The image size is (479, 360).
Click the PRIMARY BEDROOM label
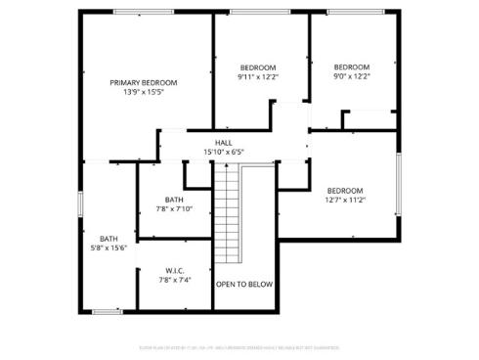click(x=144, y=83)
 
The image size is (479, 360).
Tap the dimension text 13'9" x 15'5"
click(x=144, y=93)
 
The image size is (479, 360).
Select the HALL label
click(x=224, y=143)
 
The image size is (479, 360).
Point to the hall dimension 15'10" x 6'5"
click(x=224, y=153)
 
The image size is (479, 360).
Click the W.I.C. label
click(x=174, y=270)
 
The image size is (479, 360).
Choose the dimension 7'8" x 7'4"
click(x=174, y=280)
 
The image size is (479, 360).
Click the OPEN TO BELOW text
click(x=244, y=285)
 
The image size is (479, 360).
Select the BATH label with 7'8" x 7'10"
click(x=174, y=200)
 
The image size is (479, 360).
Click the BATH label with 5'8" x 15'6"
click(x=109, y=239)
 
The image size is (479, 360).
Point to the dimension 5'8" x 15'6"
click(x=109, y=248)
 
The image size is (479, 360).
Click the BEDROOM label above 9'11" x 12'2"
click(x=258, y=67)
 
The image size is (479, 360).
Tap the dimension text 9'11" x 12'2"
click(x=258, y=76)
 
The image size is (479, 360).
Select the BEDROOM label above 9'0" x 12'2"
click(x=352, y=67)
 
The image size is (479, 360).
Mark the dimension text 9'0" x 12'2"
click(x=352, y=76)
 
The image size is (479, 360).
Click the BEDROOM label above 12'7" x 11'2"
click(x=345, y=191)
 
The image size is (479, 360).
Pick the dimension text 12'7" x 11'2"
click(x=345, y=201)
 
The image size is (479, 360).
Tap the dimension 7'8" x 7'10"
click(x=174, y=209)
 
